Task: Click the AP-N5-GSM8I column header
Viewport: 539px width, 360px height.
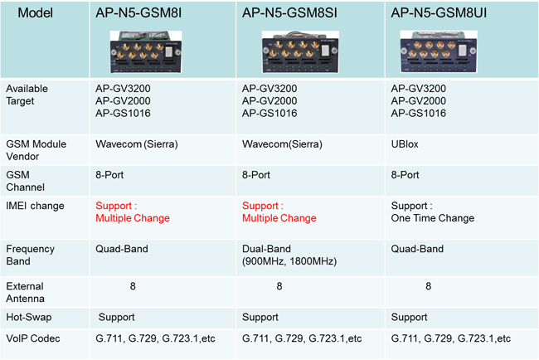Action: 138,13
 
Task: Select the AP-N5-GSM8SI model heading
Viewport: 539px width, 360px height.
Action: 289,13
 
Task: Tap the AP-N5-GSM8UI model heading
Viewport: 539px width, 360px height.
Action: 439,13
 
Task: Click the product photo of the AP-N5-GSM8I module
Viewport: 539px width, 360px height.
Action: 146,52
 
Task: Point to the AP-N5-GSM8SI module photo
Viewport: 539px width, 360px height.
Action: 300,52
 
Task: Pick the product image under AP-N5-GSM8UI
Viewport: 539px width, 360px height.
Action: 439,51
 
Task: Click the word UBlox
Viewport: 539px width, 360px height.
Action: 405,144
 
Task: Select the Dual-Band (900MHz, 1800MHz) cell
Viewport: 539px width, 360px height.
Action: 289,255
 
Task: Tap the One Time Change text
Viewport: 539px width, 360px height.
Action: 432,218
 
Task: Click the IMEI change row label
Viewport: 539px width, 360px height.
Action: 35,206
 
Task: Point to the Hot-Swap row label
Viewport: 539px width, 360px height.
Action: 29,317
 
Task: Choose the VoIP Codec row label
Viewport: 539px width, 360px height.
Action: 33,338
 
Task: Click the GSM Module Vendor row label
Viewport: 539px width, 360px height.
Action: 36,150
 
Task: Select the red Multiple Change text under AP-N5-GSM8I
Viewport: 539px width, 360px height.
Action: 133,218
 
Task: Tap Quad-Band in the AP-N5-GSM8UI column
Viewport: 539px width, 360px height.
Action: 417,249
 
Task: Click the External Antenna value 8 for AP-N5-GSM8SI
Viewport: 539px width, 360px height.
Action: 279,286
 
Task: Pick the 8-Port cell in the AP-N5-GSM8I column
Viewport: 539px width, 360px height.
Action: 109,175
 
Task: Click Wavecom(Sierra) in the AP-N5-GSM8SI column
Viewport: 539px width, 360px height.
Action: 282,144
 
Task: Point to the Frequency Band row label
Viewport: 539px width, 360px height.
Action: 30,255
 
